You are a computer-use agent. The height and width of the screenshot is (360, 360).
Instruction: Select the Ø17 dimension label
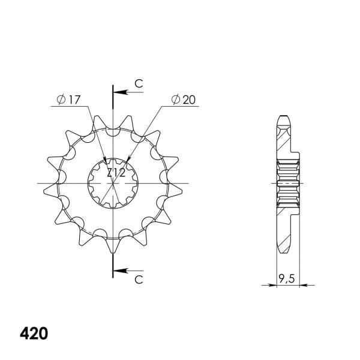[x=70, y=101]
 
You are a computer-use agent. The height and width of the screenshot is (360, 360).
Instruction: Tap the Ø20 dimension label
[x=183, y=101]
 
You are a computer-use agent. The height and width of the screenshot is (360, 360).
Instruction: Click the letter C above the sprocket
[x=138, y=85]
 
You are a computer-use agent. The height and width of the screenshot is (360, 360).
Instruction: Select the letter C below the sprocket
[x=138, y=280]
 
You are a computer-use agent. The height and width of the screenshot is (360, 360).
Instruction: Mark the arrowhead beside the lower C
[x=118, y=271]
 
